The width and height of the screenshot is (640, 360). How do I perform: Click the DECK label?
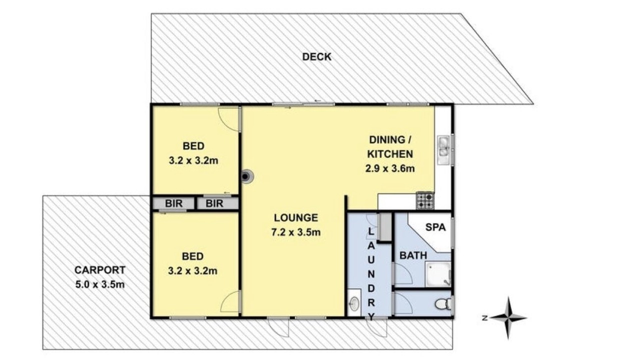pos(316,57)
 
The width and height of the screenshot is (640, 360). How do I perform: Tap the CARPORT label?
pos(99,270)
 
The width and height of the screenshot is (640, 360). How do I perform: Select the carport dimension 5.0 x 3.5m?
pos(99,284)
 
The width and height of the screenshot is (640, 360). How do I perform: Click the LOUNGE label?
pos(295,218)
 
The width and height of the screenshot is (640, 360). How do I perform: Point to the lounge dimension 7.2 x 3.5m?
pos(295,232)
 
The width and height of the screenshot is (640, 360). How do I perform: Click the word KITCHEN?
pos(390,154)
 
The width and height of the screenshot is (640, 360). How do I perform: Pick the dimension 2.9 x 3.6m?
pos(390,168)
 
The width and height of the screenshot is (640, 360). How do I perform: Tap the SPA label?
pos(435,227)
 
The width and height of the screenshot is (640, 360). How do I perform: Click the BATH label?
pos(413,255)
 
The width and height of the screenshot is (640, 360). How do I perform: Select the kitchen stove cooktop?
pos(425,200)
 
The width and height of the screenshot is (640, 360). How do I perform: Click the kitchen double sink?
pos(443,149)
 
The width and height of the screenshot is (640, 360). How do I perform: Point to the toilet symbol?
pos(443,304)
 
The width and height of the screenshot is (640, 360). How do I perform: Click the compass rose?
pos(508,317)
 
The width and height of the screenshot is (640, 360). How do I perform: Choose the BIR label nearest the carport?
pos(173,203)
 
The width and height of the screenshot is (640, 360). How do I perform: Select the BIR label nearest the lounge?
pos(214,203)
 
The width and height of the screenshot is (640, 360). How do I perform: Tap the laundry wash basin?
pos(354,303)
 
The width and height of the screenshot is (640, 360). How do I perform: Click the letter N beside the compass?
pos(484,317)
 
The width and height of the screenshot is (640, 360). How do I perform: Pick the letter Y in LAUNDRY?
pos(371,317)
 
